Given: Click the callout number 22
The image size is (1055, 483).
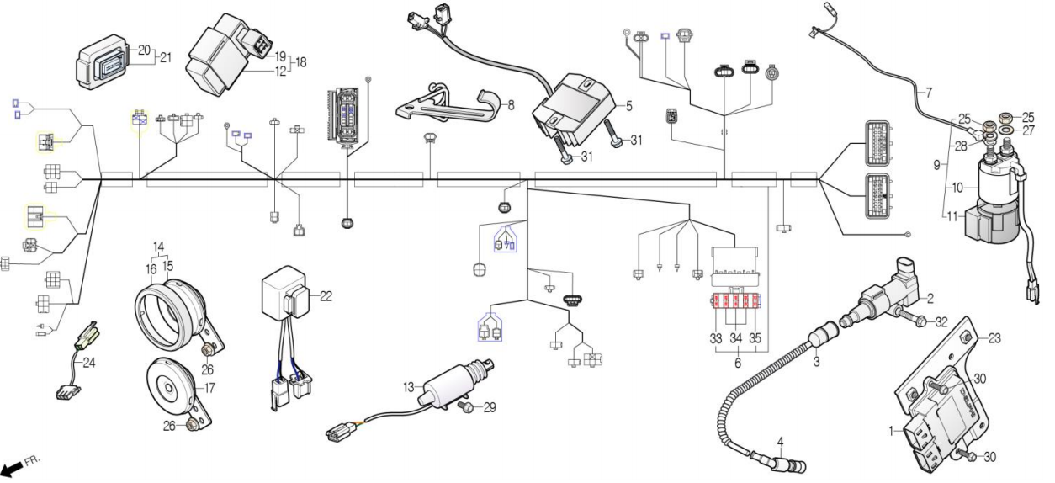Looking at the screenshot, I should [326, 295].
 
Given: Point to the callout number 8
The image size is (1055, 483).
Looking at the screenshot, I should [510, 106].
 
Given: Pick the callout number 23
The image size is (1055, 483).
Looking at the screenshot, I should [995, 340].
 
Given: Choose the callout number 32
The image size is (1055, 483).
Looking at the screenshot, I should [941, 321].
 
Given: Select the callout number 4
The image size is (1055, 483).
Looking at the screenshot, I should [780, 440].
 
